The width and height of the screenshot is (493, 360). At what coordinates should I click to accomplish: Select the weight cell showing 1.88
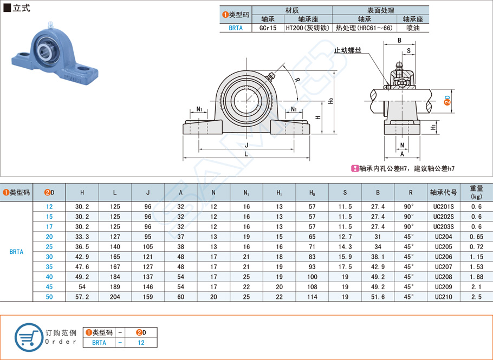[x=476, y=276]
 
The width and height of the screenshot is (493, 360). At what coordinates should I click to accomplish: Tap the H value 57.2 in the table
[x=82, y=297]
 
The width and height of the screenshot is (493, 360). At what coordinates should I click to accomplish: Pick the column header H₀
[x=312, y=192]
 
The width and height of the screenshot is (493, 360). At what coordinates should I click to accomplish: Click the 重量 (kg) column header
[x=476, y=192]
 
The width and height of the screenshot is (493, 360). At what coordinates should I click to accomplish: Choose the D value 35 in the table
[x=49, y=266]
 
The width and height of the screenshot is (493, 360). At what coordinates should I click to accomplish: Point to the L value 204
[x=115, y=297]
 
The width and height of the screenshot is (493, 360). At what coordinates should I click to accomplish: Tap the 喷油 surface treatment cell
[x=412, y=28]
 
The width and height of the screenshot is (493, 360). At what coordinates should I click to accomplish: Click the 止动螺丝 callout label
[x=348, y=50]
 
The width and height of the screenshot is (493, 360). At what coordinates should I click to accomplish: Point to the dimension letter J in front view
[x=246, y=145]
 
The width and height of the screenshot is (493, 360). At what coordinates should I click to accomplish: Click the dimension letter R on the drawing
[x=296, y=80]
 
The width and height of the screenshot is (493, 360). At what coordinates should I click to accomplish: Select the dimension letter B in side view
[x=399, y=41]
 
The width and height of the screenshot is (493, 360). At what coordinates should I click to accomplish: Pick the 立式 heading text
[x=21, y=8]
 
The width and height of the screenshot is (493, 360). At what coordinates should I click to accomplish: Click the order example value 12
[x=141, y=342]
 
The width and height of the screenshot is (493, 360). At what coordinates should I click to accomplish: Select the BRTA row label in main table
[x=16, y=252]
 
